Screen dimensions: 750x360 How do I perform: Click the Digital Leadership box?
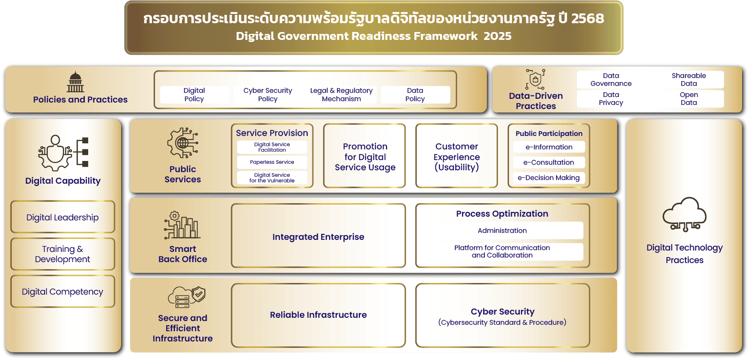63,217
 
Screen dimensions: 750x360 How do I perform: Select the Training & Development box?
63,254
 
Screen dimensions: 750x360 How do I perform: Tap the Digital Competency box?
63,291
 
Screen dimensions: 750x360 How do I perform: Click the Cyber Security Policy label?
267,95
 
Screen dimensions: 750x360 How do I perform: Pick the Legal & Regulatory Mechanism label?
341,95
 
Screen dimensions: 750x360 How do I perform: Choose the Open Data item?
689,99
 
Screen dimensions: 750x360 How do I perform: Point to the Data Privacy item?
611,99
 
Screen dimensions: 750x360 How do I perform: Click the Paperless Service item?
272,162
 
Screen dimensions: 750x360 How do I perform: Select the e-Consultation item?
549,162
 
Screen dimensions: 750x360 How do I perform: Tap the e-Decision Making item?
549,178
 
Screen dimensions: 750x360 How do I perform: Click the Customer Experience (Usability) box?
457,156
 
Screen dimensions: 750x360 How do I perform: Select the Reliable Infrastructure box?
318,315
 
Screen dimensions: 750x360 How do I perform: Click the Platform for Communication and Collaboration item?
502,251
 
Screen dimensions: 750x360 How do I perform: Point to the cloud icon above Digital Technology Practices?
685,214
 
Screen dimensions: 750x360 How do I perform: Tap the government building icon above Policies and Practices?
75,82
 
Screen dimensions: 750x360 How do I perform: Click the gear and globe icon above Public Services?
183,143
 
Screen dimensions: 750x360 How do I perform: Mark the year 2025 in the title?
497,36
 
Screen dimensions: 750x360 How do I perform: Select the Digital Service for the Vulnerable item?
272,178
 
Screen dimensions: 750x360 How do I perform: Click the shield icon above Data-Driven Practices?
536,79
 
